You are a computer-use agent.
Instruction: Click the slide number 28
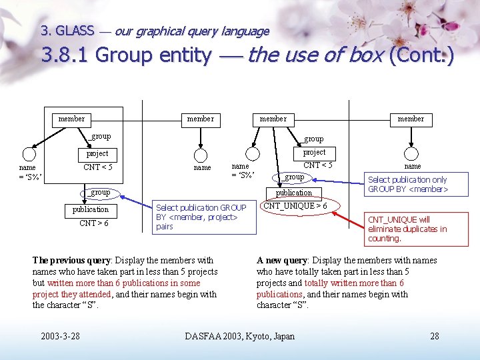click(x=435, y=336)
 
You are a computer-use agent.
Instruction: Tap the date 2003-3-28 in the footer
click(x=60, y=336)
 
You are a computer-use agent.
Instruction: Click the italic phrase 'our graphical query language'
click(x=192, y=31)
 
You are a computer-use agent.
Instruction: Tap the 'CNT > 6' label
click(x=93, y=223)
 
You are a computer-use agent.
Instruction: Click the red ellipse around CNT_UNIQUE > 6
click(x=295, y=206)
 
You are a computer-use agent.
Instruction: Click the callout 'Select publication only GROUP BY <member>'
click(x=408, y=185)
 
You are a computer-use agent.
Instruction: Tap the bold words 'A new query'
click(x=282, y=260)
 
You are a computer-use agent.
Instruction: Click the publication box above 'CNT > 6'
click(x=90, y=209)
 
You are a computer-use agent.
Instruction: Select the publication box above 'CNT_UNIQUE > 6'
click(x=294, y=193)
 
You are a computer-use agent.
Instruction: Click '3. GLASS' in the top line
click(x=67, y=31)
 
